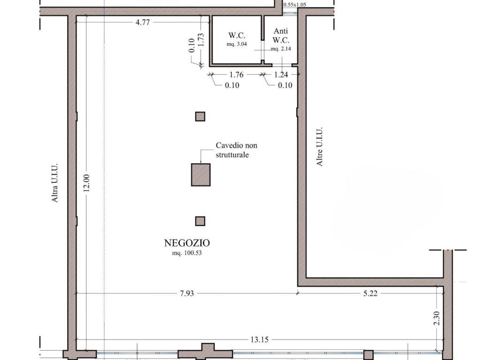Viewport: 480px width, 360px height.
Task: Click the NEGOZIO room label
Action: tap(187, 243)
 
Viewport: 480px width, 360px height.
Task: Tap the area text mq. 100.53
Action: tap(187, 253)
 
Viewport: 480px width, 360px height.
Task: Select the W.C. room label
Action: tap(237, 36)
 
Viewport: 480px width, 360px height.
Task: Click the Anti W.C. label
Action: tap(281, 36)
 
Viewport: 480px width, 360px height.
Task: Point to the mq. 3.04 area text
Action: tap(237, 44)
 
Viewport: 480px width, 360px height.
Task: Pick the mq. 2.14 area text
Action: tap(281, 49)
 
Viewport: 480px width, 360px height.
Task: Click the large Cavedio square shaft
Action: tap(201, 175)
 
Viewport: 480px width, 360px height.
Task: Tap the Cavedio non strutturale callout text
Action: tap(236, 150)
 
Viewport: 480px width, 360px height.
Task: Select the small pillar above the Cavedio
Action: tap(200, 117)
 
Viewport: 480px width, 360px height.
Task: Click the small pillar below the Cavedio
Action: tap(200, 221)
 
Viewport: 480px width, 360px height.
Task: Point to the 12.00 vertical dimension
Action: tap(86, 183)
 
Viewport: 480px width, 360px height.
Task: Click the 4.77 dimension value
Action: tap(142, 22)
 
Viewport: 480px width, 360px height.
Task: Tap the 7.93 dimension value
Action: tap(187, 293)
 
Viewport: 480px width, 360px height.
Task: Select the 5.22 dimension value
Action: tap(370, 293)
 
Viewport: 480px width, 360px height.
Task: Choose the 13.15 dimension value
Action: tap(259, 339)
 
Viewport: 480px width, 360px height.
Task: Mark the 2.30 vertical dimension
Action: tap(437, 318)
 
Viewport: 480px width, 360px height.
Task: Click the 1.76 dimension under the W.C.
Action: tap(236, 75)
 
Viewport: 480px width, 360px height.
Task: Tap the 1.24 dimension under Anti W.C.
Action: tap(281, 75)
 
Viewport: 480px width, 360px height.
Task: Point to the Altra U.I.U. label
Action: tap(54, 183)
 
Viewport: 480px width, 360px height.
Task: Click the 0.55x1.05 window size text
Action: tap(294, 5)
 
